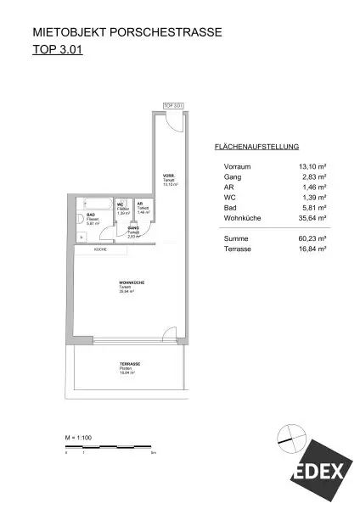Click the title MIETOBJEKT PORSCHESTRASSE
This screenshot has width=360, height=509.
[127, 33]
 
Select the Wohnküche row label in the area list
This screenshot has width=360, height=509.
[243, 218]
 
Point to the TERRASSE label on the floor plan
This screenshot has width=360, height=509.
[130, 364]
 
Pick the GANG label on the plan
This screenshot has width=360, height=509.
[133, 229]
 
